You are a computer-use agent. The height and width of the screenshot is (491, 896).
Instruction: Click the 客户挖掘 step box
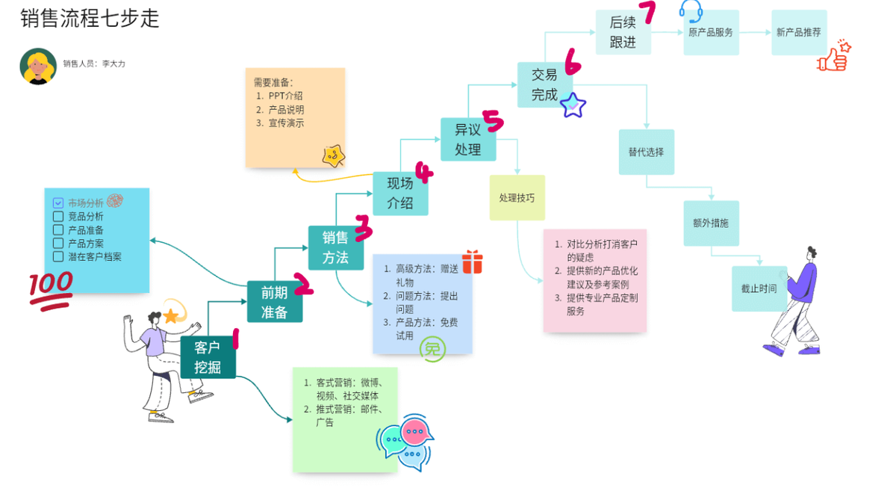point(208,357)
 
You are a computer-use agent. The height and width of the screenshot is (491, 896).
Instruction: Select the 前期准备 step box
point(274,302)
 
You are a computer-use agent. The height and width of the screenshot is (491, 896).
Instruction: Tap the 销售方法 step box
point(335,247)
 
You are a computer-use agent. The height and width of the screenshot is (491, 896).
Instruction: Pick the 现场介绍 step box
point(400,193)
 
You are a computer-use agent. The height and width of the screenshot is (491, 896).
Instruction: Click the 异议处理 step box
point(467,139)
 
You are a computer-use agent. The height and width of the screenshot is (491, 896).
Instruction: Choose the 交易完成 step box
point(544,84)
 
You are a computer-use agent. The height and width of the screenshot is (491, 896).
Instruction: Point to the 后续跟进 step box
point(623,32)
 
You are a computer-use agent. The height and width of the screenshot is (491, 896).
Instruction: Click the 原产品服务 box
point(711,33)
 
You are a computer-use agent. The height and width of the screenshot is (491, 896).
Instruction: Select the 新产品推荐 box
point(799,33)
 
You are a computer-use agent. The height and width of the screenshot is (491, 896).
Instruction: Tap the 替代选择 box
point(646,152)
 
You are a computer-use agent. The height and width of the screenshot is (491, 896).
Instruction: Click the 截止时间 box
point(759,288)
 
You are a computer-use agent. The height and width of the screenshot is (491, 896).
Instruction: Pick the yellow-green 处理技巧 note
point(517,198)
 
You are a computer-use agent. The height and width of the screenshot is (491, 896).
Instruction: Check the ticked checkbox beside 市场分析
point(58,203)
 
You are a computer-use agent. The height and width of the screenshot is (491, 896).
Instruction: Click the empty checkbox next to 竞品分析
point(58,217)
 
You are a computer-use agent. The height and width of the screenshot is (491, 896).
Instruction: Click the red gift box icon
point(472,262)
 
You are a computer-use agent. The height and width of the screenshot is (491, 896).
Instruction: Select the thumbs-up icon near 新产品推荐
point(834,57)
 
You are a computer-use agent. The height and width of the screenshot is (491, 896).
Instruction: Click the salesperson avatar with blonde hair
point(38,67)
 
